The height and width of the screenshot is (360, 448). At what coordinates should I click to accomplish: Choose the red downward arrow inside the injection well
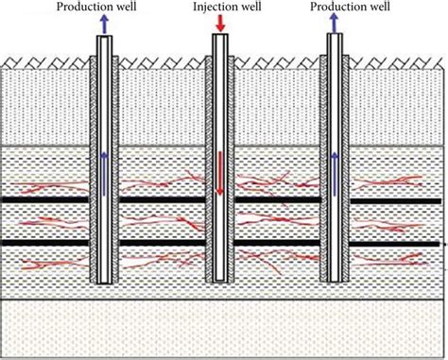(x=219, y=173)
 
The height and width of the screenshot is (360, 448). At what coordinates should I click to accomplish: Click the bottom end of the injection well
(x=219, y=281)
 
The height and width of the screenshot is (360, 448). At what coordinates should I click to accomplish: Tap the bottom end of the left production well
(x=104, y=281)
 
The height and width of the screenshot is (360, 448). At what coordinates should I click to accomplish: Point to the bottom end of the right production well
(x=333, y=281)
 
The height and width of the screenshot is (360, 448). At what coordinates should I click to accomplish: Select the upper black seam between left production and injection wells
(x=162, y=199)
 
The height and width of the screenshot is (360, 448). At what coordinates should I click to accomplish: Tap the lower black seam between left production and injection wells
(x=162, y=243)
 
